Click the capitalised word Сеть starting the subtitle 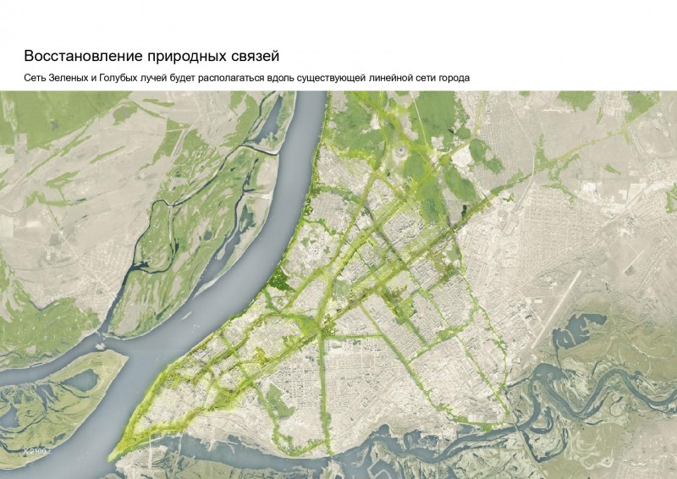36,79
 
